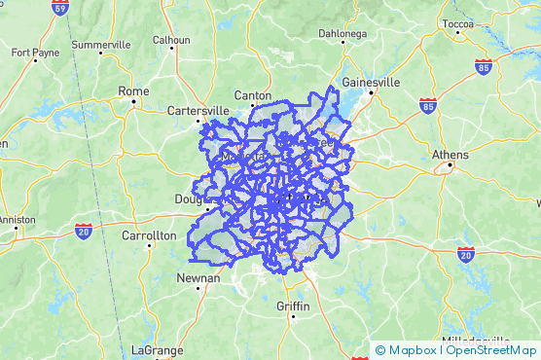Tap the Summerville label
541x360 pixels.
tap(100, 45)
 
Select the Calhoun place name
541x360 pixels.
tap(171, 40)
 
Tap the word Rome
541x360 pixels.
tap(133, 90)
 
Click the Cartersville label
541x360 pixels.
tap(198, 110)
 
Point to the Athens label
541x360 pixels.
tap(451, 155)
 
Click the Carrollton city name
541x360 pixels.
tap(149, 235)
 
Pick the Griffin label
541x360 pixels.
tap(292, 306)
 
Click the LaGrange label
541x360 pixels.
tap(153, 349)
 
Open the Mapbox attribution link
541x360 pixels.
tap(411, 350)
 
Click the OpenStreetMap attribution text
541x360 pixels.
tap(492, 350)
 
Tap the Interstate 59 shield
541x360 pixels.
tap(61, 9)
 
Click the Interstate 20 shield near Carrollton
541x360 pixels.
tap(84, 231)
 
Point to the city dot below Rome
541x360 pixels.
tap(133, 101)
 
